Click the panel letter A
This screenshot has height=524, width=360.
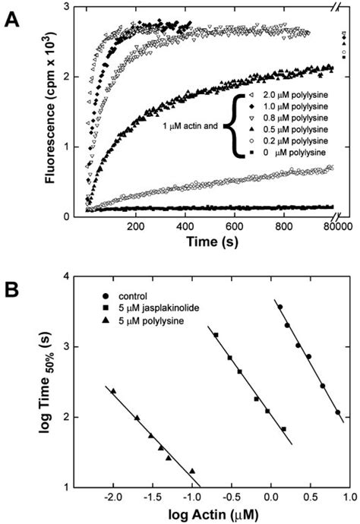click(12, 17)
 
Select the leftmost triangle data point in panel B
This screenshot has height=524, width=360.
click(113, 391)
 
